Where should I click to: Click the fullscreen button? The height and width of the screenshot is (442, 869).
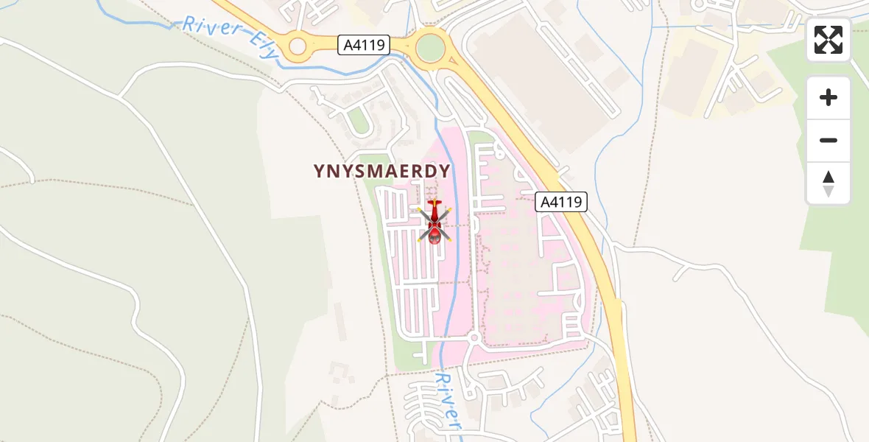828,40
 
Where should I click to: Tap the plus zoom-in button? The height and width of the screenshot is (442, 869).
828,97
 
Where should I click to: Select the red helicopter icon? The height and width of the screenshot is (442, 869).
434,223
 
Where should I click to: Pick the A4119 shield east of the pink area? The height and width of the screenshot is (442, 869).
561,202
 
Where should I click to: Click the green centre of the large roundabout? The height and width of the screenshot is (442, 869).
430,49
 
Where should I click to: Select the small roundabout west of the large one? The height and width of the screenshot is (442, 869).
298,47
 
